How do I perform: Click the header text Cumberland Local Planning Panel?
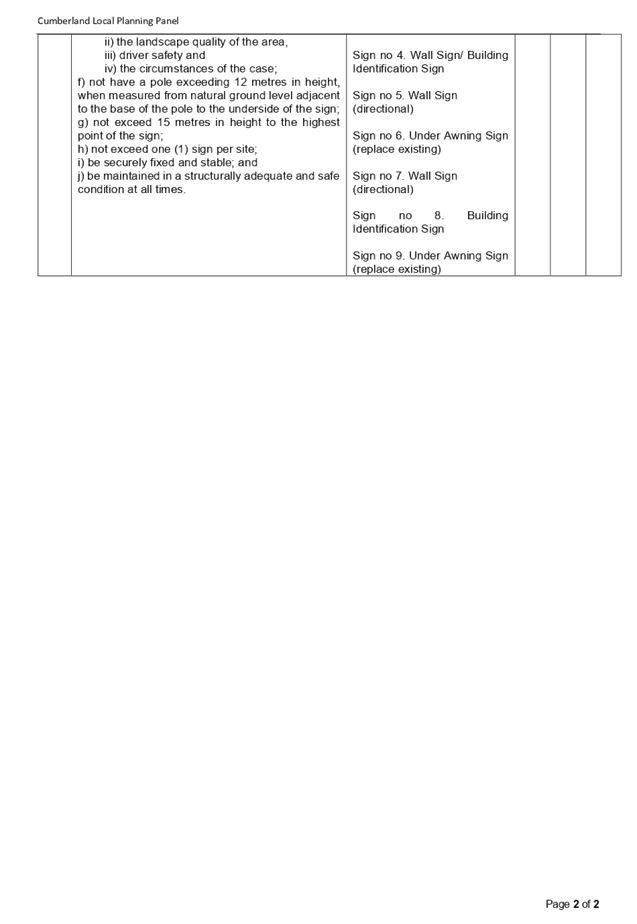pos(108,21)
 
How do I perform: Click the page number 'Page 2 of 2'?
pos(572,903)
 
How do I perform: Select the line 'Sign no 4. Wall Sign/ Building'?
pos(430,55)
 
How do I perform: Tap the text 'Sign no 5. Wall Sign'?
pos(405,95)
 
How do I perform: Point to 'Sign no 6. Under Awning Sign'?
pos(430,136)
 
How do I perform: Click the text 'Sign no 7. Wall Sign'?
pos(405,176)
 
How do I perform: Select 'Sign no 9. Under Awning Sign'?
pos(430,256)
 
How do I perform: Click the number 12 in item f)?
pos(241,82)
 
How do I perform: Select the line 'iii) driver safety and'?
pos(154,55)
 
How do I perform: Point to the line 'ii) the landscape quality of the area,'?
pos(196,42)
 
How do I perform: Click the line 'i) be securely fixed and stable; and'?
pos(167,163)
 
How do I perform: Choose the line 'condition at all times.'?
pos(131,189)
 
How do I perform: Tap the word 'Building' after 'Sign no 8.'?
pos(487,216)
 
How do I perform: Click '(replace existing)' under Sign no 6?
pos(397,149)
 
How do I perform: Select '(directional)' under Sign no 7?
pos(383,189)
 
